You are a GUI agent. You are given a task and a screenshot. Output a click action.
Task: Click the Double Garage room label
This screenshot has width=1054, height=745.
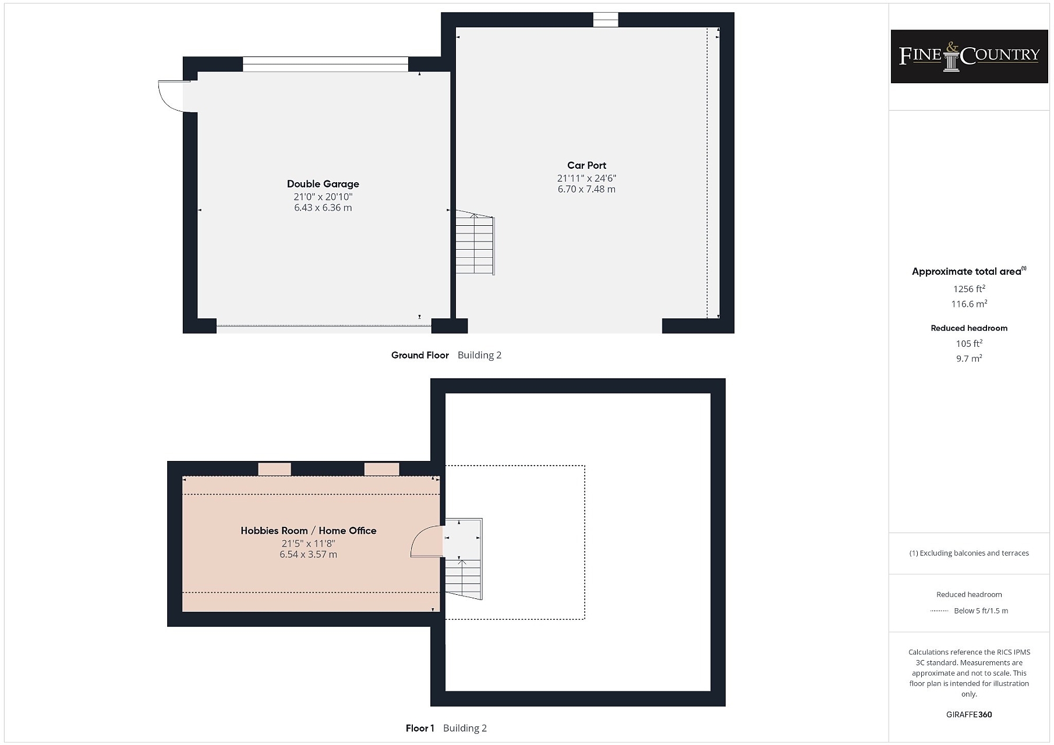tap(323, 184)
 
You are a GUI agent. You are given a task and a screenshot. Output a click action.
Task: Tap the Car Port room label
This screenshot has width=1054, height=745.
tap(586, 165)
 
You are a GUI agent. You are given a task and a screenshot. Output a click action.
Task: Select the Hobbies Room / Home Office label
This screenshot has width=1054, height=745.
tap(309, 531)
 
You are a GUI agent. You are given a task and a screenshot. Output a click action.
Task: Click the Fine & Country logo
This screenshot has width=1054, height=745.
tap(969, 56)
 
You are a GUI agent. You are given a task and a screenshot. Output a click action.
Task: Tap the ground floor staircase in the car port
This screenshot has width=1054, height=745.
tap(475, 243)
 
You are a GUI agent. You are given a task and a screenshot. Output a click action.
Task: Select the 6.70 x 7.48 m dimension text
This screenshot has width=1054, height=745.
tap(586, 189)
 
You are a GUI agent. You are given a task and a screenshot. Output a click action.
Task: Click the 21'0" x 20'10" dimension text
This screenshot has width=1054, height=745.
tap(323, 197)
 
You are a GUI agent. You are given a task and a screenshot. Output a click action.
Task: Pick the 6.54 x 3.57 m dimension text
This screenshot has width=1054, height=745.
tap(309, 555)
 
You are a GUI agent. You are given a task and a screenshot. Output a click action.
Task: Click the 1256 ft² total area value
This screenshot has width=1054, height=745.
tap(969, 289)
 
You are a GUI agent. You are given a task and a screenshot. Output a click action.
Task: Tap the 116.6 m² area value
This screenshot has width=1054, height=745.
tap(969, 304)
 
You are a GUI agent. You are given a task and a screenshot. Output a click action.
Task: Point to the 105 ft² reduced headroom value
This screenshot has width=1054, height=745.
tap(969, 343)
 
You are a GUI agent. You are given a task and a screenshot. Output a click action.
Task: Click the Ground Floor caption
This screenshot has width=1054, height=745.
tap(420, 355)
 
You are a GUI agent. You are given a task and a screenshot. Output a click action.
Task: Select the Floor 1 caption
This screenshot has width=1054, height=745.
tap(420, 728)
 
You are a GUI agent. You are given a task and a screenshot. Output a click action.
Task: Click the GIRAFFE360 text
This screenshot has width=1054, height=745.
tap(969, 715)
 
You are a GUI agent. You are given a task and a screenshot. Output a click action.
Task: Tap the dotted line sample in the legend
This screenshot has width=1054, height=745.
tap(939, 611)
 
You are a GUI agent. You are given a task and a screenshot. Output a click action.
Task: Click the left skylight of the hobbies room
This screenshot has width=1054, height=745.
tap(274, 469)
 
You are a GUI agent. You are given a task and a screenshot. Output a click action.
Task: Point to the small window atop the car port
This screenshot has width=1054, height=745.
tap(606, 20)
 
